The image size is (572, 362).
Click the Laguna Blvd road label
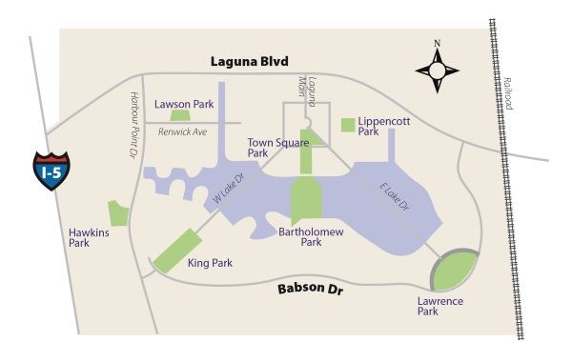[x=251, y=62]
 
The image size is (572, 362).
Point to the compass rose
[x=438, y=70]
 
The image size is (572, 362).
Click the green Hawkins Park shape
[x=119, y=213]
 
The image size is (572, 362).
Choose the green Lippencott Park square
[x=348, y=125]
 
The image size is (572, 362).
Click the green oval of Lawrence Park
[x=454, y=271]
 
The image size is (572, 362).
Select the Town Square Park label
[x=270, y=147]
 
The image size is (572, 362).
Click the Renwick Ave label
[x=182, y=131]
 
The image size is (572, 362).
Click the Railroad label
[x=510, y=93]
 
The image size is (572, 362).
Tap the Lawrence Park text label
[x=441, y=307]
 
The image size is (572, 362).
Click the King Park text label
[x=211, y=263]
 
